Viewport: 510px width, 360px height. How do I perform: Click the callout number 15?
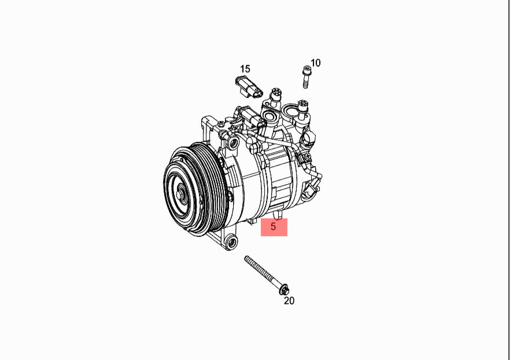245,69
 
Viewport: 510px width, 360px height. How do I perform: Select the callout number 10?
315,63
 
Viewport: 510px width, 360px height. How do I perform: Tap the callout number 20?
289,301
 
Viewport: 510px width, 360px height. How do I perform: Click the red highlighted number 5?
274,226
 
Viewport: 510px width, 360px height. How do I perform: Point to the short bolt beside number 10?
306,77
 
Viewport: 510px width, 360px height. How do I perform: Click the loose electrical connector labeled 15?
248,87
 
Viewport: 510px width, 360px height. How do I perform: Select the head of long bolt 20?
284,289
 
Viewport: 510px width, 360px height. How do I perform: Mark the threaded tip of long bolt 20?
246,258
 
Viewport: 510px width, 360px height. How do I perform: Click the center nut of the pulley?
180,194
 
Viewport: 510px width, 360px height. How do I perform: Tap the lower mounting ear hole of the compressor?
231,242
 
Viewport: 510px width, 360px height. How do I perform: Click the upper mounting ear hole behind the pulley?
233,143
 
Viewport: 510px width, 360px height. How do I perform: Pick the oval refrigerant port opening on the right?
291,112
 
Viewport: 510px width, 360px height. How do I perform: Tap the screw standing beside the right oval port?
302,108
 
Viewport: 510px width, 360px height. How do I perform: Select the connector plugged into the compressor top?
250,116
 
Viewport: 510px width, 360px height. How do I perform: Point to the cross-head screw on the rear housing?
308,157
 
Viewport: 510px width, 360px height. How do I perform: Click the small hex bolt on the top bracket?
221,124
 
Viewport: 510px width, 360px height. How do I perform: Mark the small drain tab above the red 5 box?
278,215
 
